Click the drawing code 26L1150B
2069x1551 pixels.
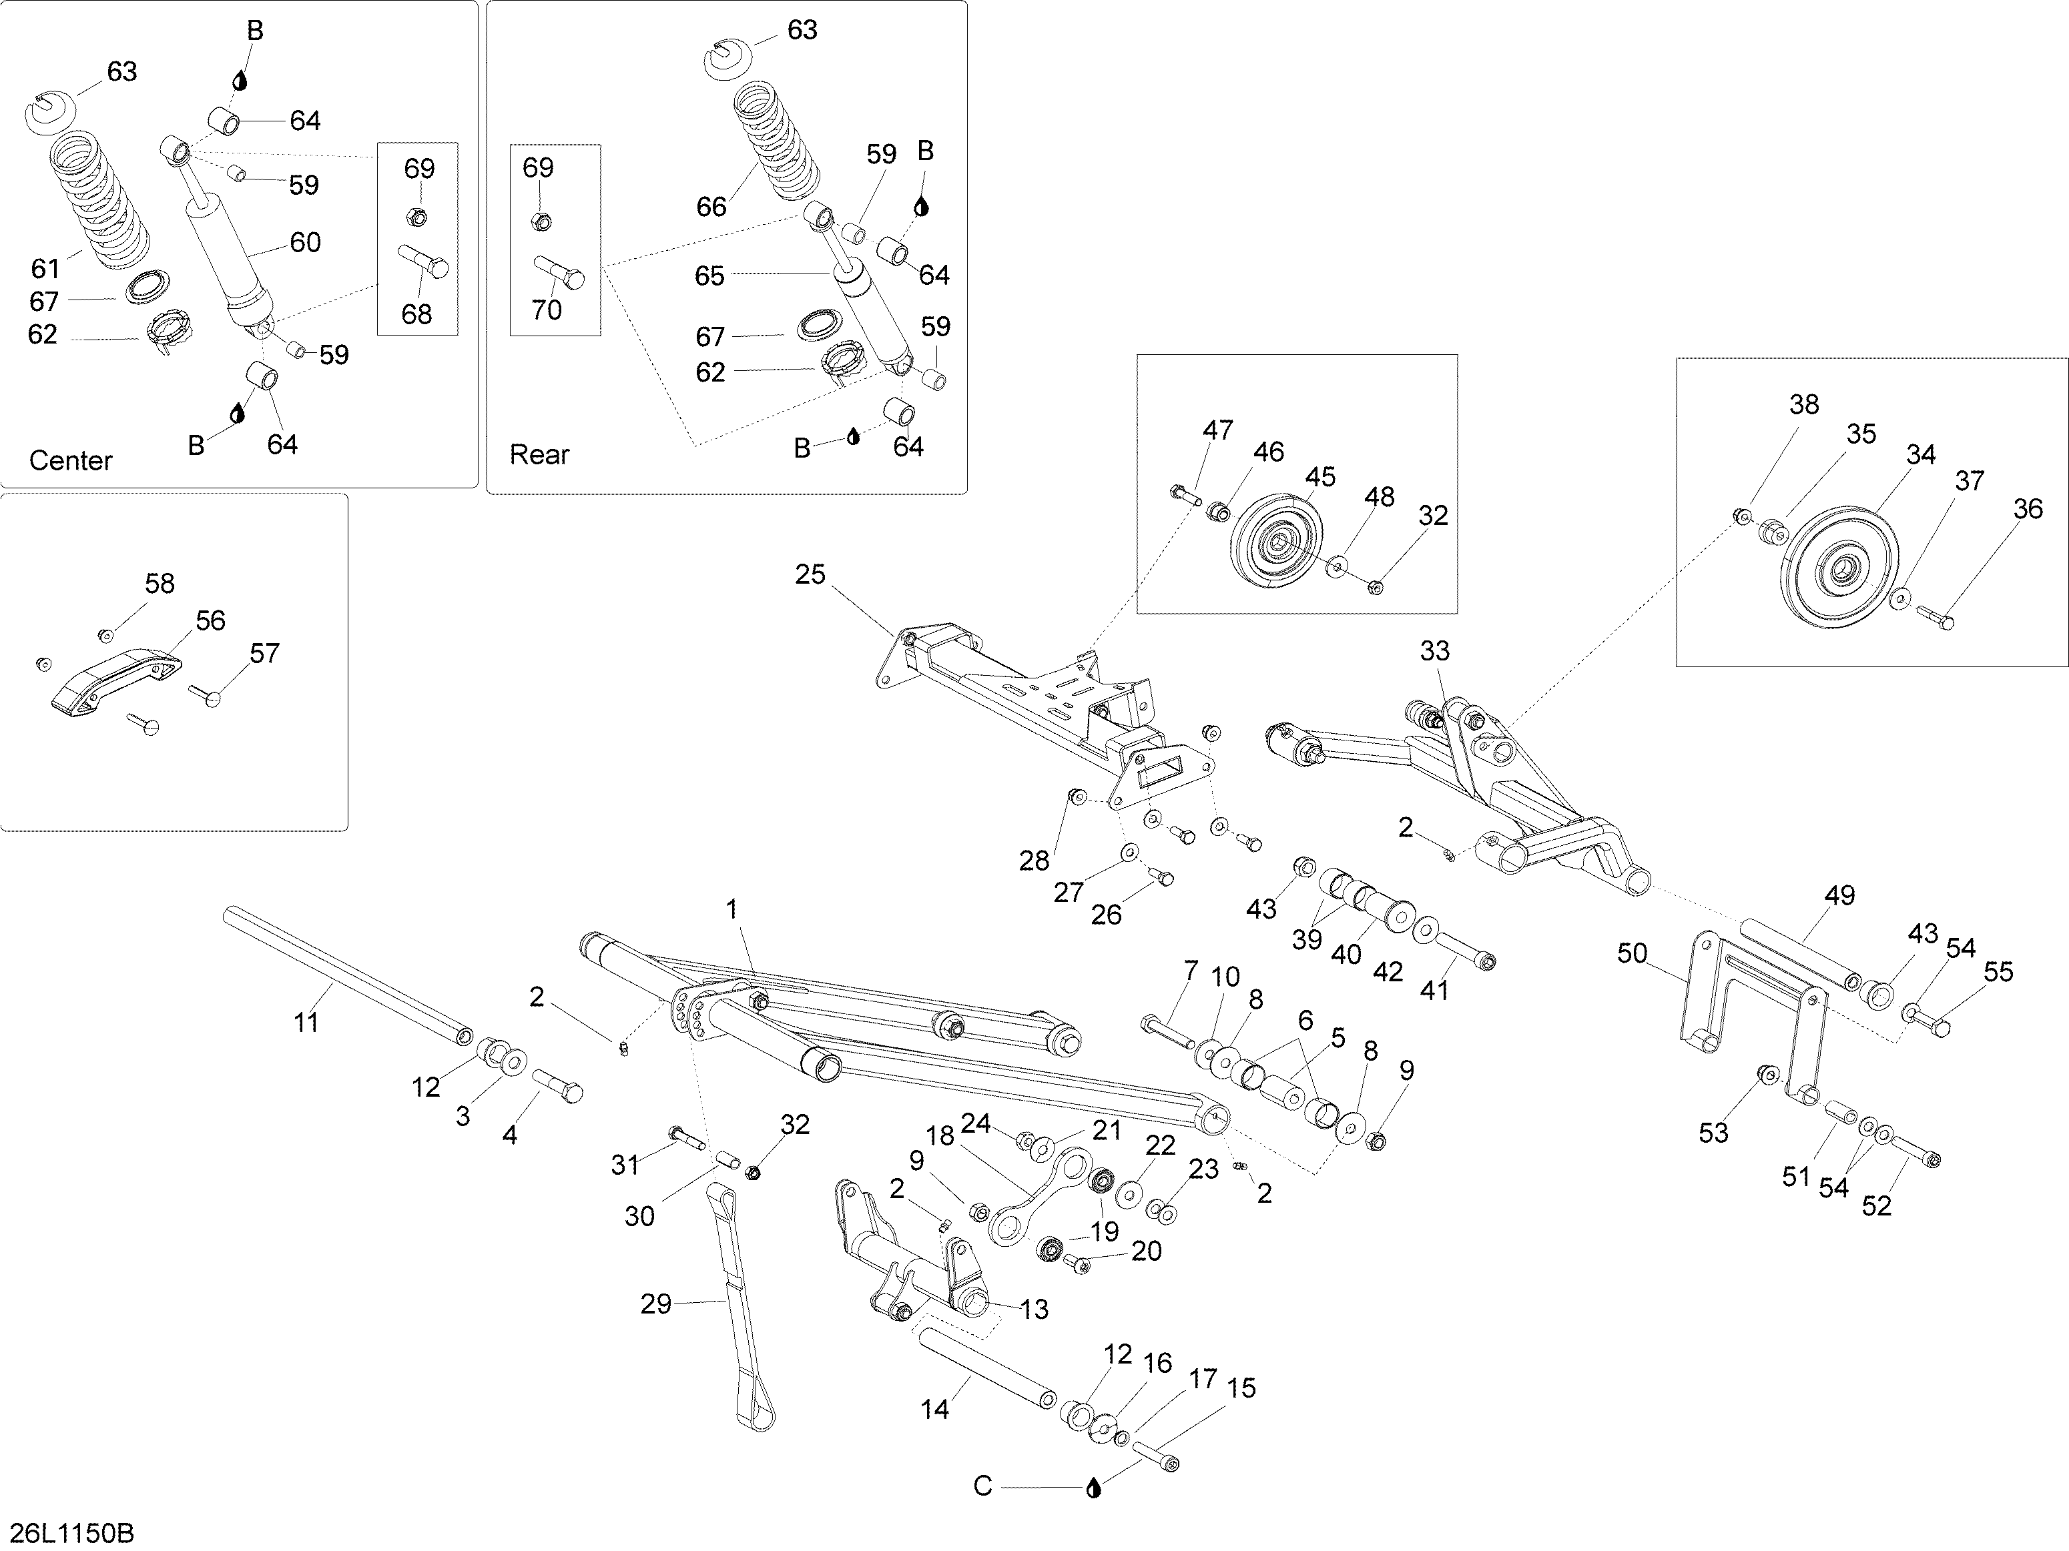pyautogui.click(x=72, y=1533)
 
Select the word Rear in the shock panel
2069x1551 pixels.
pyautogui.click(x=540, y=454)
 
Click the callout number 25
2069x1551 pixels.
pyautogui.click(x=810, y=574)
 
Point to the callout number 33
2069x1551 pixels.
pyautogui.click(x=1435, y=650)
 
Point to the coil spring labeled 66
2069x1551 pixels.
pyautogui.click(x=778, y=140)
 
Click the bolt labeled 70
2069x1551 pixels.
pyautogui.click(x=560, y=273)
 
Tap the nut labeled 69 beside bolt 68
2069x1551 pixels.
pyautogui.click(x=418, y=217)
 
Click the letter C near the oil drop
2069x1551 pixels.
pyautogui.click(x=982, y=1486)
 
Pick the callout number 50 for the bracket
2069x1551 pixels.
pyautogui.click(x=1633, y=953)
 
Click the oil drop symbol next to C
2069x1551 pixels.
pyautogui.click(x=1093, y=1488)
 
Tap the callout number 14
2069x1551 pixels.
pyautogui.click(x=934, y=1409)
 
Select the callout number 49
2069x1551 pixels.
pyautogui.click(x=1839, y=896)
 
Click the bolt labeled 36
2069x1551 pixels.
pyautogui.click(x=1934, y=617)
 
